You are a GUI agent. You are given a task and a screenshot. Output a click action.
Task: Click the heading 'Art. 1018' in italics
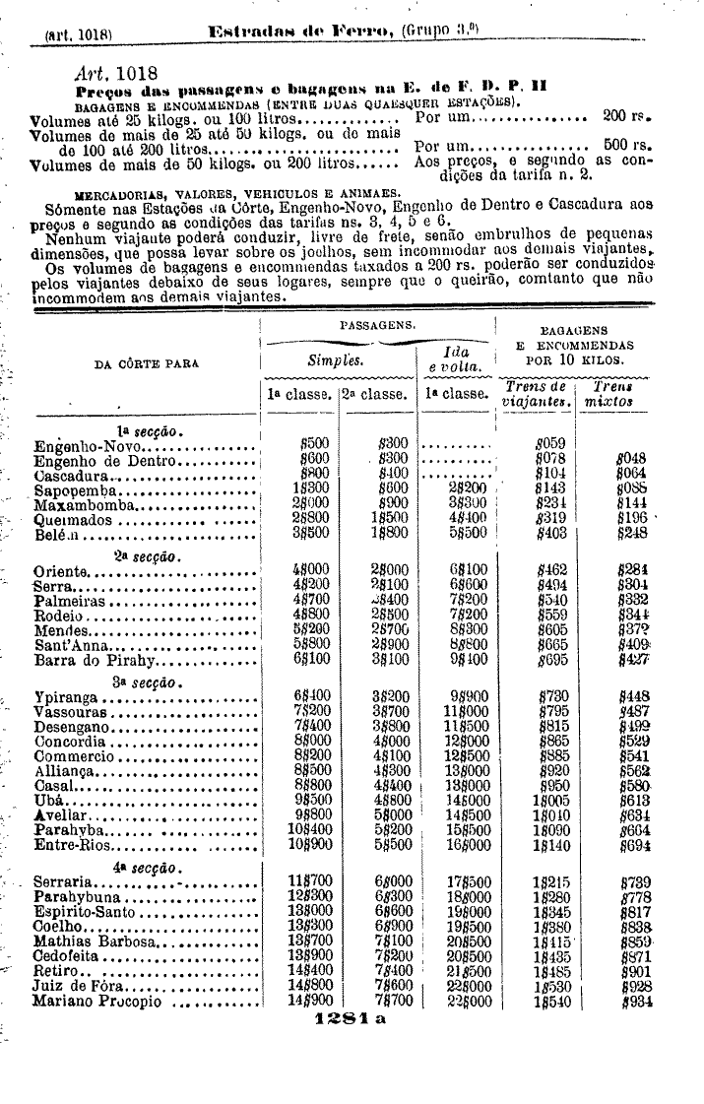click(x=114, y=72)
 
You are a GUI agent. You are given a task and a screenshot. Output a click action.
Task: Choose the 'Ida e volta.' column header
click(x=457, y=359)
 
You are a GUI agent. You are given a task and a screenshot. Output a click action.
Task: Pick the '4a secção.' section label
click(x=144, y=868)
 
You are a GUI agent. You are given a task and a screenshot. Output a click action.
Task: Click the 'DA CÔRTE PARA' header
click(x=146, y=363)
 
